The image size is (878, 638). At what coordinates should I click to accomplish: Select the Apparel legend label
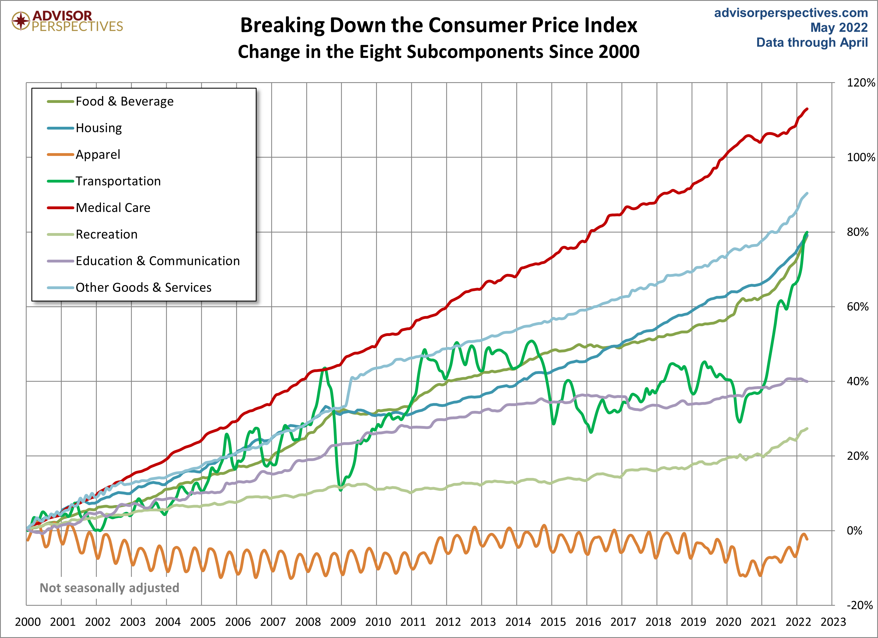click(x=98, y=155)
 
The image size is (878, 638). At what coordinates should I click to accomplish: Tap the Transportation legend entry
click(x=118, y=181)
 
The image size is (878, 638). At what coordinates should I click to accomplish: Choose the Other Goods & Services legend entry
click(x=143, y=288)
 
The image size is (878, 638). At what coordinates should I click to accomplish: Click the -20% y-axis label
click(x=859, y=605)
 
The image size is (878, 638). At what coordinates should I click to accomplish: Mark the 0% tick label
click(x=854, y=531)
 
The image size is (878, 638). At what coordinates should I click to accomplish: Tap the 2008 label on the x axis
click(x=308, y=622)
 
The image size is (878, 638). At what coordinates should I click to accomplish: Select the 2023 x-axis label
click(x=833, y=622)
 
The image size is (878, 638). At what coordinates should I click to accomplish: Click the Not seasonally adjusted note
click(x=110, y=588)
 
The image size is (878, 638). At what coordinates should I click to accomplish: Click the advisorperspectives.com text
click(x=791, y=13)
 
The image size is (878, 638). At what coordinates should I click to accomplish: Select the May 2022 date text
click(x=839, y=27)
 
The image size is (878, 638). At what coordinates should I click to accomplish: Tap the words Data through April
click(x=812, y=42)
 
